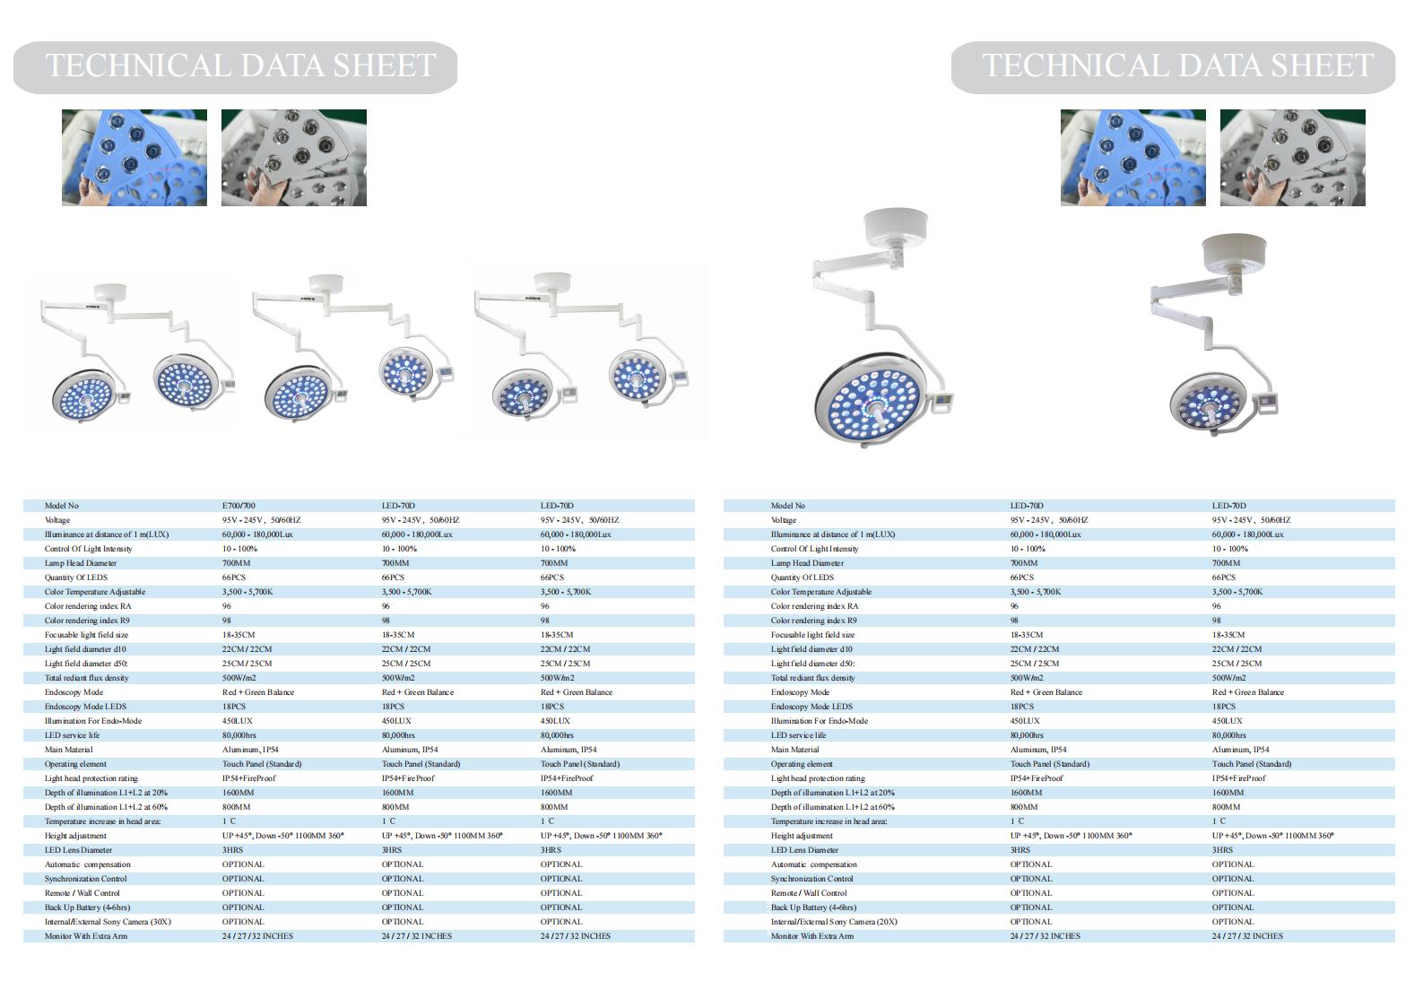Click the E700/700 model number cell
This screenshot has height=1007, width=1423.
(x=239, y=506)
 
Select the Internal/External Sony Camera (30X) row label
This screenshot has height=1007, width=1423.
(x=108, y=922)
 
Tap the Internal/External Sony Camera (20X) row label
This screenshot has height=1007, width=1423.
(x=834, y=922)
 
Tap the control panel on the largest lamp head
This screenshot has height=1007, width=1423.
(x=942, y=402)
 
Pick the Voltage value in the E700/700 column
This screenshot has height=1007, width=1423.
(x=261, y=520)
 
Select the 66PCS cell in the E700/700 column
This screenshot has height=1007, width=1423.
(x=234, y=577)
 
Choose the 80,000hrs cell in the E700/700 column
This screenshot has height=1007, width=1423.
(x=239, y=735)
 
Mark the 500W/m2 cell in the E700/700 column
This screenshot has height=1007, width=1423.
(x=239, y=678)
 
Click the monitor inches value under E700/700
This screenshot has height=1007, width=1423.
(x=257, y=936)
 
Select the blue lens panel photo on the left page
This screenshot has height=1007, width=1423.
(x=134, y=158)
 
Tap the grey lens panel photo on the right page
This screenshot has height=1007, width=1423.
(x=1292, y=158)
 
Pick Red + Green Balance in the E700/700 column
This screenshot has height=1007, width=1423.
(x=258, y=692)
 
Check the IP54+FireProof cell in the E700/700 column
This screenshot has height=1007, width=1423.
(x=249, y=778)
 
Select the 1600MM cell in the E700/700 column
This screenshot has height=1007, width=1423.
(x=239, y=793)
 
